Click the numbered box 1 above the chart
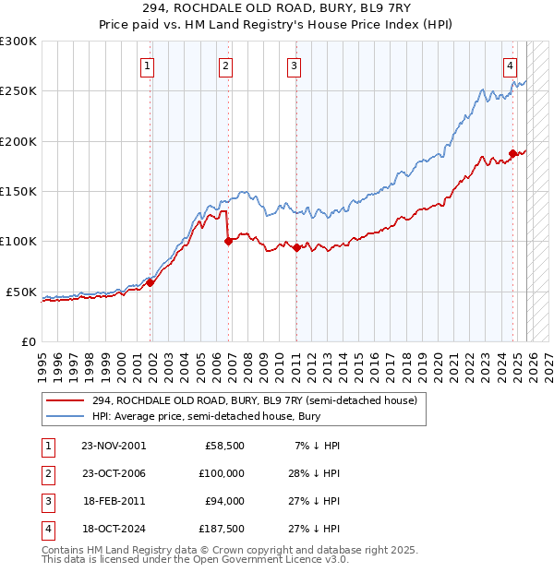coord(148,66)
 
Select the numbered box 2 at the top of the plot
coord(225,66)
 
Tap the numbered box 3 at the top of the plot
coord(294,66)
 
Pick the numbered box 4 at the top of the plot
coord(510,66)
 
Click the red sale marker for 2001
coord(151,283)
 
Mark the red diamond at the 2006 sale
coord(228,242)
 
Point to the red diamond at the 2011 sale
coord(296,247)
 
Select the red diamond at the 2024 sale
coord(512,154)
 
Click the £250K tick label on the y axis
coord(18,91)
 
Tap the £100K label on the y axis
coord(18,241)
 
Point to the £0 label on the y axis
coord(28,341)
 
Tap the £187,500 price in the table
coord(223,529)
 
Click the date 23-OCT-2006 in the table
coord(114,473)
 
